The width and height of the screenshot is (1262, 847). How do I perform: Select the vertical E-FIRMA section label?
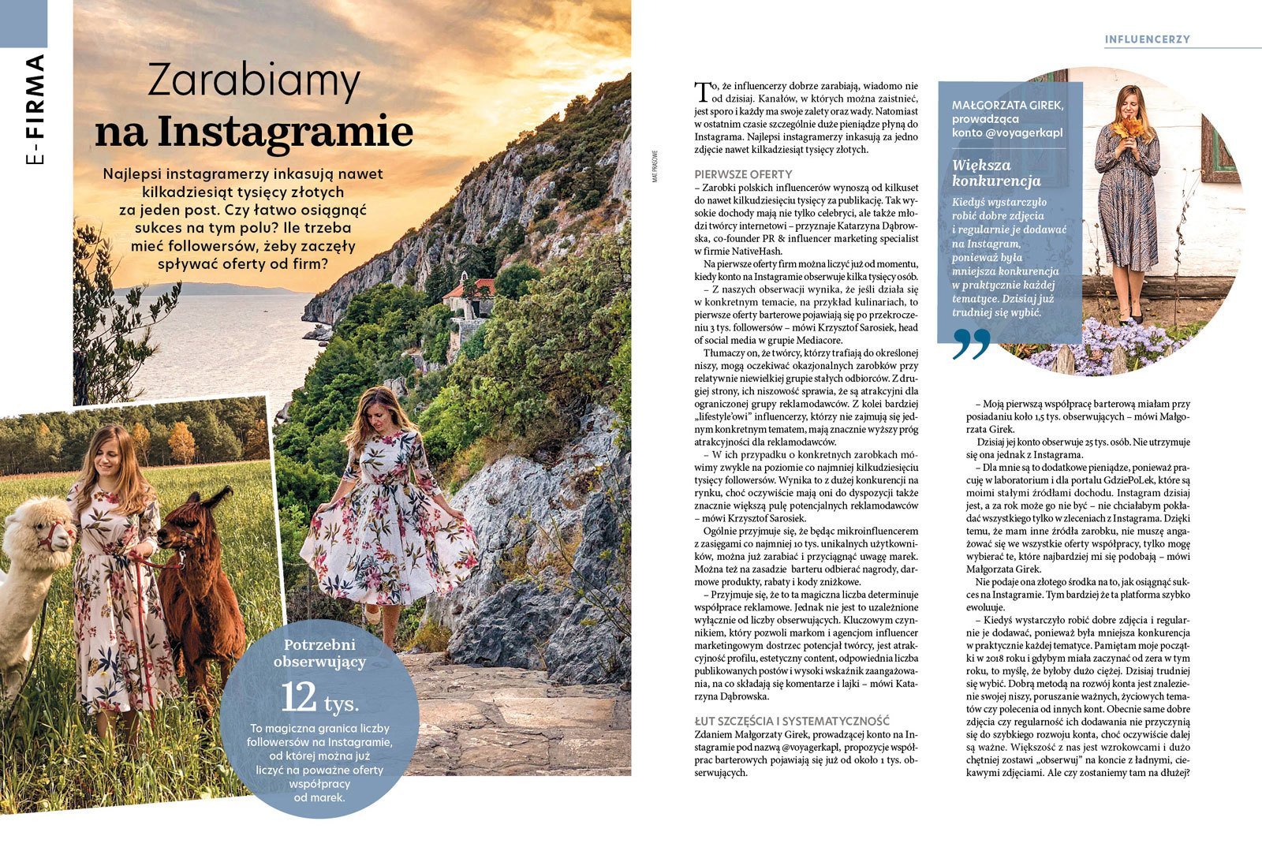click(35, 110)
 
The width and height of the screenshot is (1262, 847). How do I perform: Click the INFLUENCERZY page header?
click(1147, 39)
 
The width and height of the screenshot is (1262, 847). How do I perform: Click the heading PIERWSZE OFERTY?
click(743, 174)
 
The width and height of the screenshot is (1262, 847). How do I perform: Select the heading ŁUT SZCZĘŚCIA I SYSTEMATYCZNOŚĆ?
click(792, 720)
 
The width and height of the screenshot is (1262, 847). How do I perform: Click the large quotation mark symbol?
click(971, 344)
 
